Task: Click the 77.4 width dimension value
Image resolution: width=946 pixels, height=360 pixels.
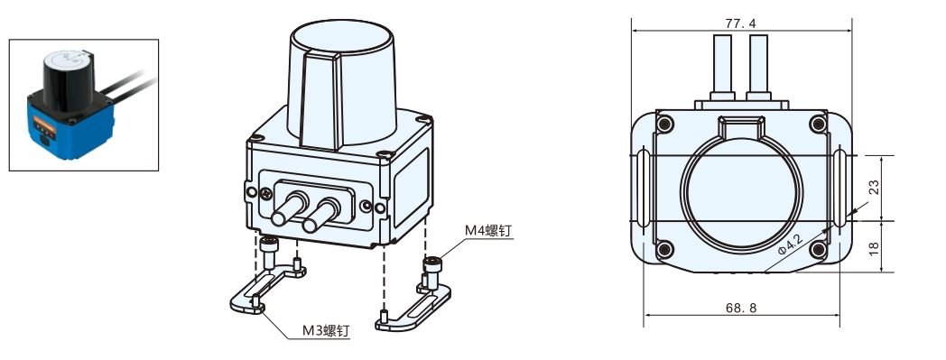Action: [x=740, y=23]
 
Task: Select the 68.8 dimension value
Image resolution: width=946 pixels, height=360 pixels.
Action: [x=741, y=309]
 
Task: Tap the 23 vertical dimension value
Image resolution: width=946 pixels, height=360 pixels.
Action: [x=874, y=188]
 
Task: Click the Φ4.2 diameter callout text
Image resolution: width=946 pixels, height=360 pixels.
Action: [x=791, y=245]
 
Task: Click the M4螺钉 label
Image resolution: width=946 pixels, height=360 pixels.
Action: [x=488, y=230]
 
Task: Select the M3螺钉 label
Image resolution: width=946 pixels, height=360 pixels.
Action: [x=325, y=330]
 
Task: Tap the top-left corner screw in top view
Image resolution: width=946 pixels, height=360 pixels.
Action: [x=665, y=125]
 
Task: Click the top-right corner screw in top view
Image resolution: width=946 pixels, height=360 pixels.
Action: [x=818, y=125]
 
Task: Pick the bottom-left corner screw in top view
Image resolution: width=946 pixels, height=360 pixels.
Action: [x=665, y=248]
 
